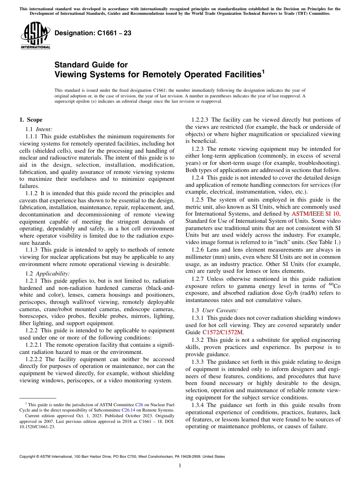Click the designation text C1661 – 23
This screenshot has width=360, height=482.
[x=93, y=33]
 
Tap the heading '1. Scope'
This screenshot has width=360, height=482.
[x=31, y=120]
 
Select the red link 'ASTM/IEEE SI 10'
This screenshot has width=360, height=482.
[x=316, y=214]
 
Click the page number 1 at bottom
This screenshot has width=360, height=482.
[x=180, y=466]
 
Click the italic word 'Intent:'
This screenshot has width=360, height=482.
[x=44, y=129]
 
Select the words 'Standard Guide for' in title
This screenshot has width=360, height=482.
[x=91, y=65]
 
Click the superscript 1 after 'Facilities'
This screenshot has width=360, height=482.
[x=263, y=71]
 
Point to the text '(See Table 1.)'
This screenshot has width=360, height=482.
[x=324, y=242]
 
